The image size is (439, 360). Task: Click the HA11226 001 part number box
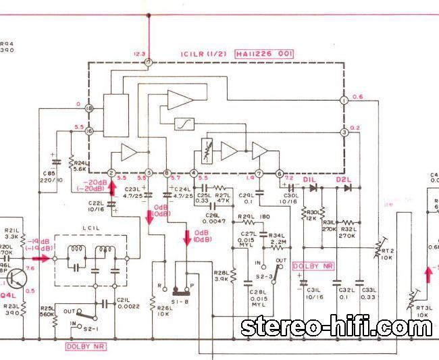[x=263, y=53]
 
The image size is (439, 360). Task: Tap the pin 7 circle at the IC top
[x=148, y=63]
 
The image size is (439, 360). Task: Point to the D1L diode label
[x=310, y=179]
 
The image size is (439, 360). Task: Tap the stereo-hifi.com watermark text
[x=336, y=328]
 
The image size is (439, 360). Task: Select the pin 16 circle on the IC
[x=88, y=131]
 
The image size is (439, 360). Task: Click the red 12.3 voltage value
[x=139, y=53]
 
